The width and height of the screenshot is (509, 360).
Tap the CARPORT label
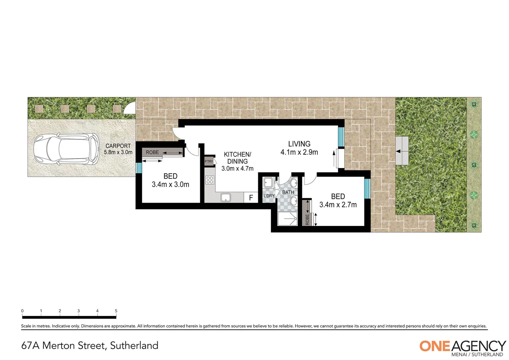118,146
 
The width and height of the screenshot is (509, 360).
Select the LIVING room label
299,144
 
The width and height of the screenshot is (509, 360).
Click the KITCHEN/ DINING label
237,158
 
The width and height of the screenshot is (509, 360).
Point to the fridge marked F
251,198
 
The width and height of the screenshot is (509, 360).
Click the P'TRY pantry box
209,161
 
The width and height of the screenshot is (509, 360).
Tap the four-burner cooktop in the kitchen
210,180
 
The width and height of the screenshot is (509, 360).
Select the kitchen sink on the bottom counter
226,198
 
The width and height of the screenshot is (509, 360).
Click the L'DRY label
269,196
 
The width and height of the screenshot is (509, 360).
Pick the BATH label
288,192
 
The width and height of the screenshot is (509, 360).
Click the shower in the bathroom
287,218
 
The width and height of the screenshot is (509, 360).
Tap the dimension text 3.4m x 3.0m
170,184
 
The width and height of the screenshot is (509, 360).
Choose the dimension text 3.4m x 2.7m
338,205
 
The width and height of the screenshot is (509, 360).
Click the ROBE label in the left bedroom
152,152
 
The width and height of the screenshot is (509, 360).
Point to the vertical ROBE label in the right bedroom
307,219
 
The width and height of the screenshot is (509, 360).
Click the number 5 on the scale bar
116,311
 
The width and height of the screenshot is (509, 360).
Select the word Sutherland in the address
134,345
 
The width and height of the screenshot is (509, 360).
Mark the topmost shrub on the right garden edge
473,105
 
